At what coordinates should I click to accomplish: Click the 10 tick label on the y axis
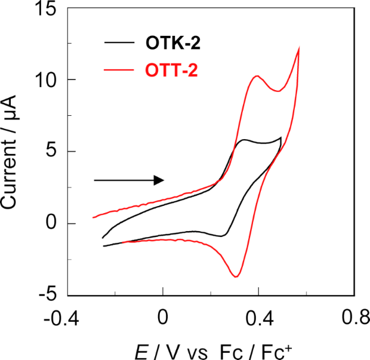pyautogui.click(x=49, y=79)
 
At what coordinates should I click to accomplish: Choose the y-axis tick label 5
pyautogui.click(x=53, y=151)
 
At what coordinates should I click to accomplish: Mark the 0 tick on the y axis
pyautogui.click(x=53, y=223)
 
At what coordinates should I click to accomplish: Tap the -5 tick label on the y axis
pyautogui.click(x=49, y=295)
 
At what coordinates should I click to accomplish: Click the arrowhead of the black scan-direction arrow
pyautogui.click(x=159, y=180)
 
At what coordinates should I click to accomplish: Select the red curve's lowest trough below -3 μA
pyautogui.click(x=236, y=276)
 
